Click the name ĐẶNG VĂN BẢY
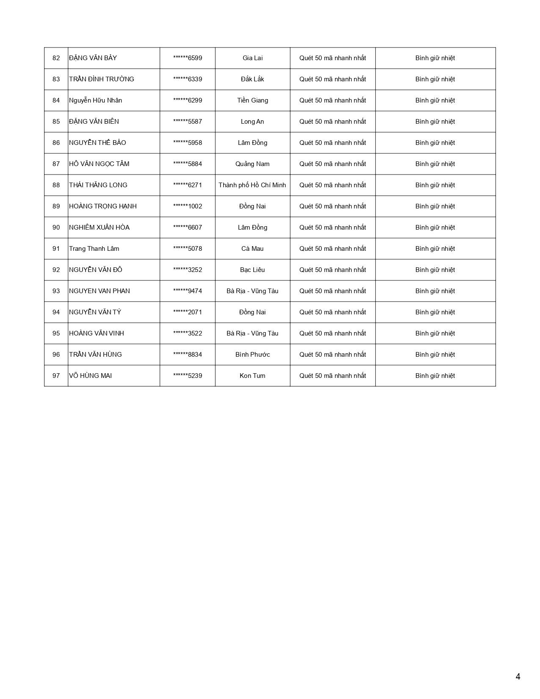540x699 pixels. point(93,58)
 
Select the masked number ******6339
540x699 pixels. point(188,79)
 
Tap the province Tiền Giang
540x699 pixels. point(252,100)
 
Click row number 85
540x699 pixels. point(56,122)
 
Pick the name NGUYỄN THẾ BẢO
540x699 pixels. point(97,143)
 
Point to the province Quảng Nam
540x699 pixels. point(252,164)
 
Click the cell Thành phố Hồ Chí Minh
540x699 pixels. point(252,185)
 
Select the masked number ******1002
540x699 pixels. point(188,206)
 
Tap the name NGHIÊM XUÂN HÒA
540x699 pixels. point(99,227)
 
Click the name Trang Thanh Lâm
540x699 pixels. point(94,249)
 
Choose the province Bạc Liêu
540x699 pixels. point(252,270)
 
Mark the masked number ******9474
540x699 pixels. point(188,291)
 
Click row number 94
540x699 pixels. point(56,312)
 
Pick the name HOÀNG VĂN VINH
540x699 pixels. point(97,333)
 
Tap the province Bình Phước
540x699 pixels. point(252,355)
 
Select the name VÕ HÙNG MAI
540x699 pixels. point(90,376)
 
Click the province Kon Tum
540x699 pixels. point(252,376)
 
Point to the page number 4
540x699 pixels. point(518,677)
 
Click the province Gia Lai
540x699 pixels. point(252,58)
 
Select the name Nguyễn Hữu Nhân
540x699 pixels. point(95,100)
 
